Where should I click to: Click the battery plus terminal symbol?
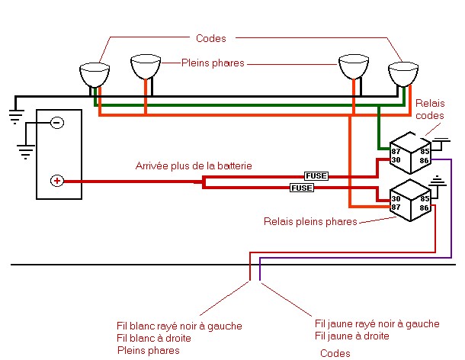point(57,181)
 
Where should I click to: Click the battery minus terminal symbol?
point(57,123)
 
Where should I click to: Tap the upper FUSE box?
point(316,176)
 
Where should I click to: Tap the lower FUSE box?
point(302,188)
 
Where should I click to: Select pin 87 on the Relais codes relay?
point(396,152)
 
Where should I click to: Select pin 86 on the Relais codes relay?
point(425,161)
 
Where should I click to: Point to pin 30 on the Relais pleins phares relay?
point(396,198)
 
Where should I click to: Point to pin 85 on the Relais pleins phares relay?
point(425,198)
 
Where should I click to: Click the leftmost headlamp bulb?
point(95,74)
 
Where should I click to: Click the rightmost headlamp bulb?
point(403,74)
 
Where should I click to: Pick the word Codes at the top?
point(211,38)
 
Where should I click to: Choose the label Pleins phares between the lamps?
point(213,63)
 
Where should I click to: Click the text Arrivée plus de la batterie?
point(194,166)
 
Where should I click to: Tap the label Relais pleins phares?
point(310,221)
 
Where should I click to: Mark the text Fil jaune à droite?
point(351,336)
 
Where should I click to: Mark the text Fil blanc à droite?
point(154,338)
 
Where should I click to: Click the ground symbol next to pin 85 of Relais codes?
point(441,143)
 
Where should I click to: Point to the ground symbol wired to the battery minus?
point(26,152)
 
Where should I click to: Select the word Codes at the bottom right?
point(335,353)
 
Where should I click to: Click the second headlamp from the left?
point(146,67)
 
